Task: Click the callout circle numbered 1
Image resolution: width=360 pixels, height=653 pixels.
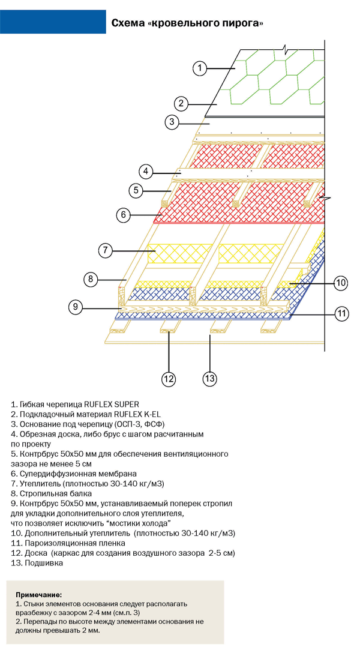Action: point(200,68)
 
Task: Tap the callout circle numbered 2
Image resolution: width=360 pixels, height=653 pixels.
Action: point(181,103)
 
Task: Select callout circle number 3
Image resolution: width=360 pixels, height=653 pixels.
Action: point(172,122)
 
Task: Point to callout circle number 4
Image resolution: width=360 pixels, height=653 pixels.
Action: point(146,171)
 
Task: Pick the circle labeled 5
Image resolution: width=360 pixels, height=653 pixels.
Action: point(136,191)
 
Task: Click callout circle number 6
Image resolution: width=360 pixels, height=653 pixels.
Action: point(123,214)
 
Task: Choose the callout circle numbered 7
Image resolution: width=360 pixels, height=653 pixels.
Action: point(106,250)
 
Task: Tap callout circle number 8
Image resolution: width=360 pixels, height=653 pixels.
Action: point(91,279)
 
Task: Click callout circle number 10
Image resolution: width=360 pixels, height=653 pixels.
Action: point(340,283)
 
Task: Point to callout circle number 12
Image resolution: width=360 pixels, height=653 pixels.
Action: point(169,379)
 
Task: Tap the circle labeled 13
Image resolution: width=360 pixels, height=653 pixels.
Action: point(209,379)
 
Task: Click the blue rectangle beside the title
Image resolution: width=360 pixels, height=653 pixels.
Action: point(53,22)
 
